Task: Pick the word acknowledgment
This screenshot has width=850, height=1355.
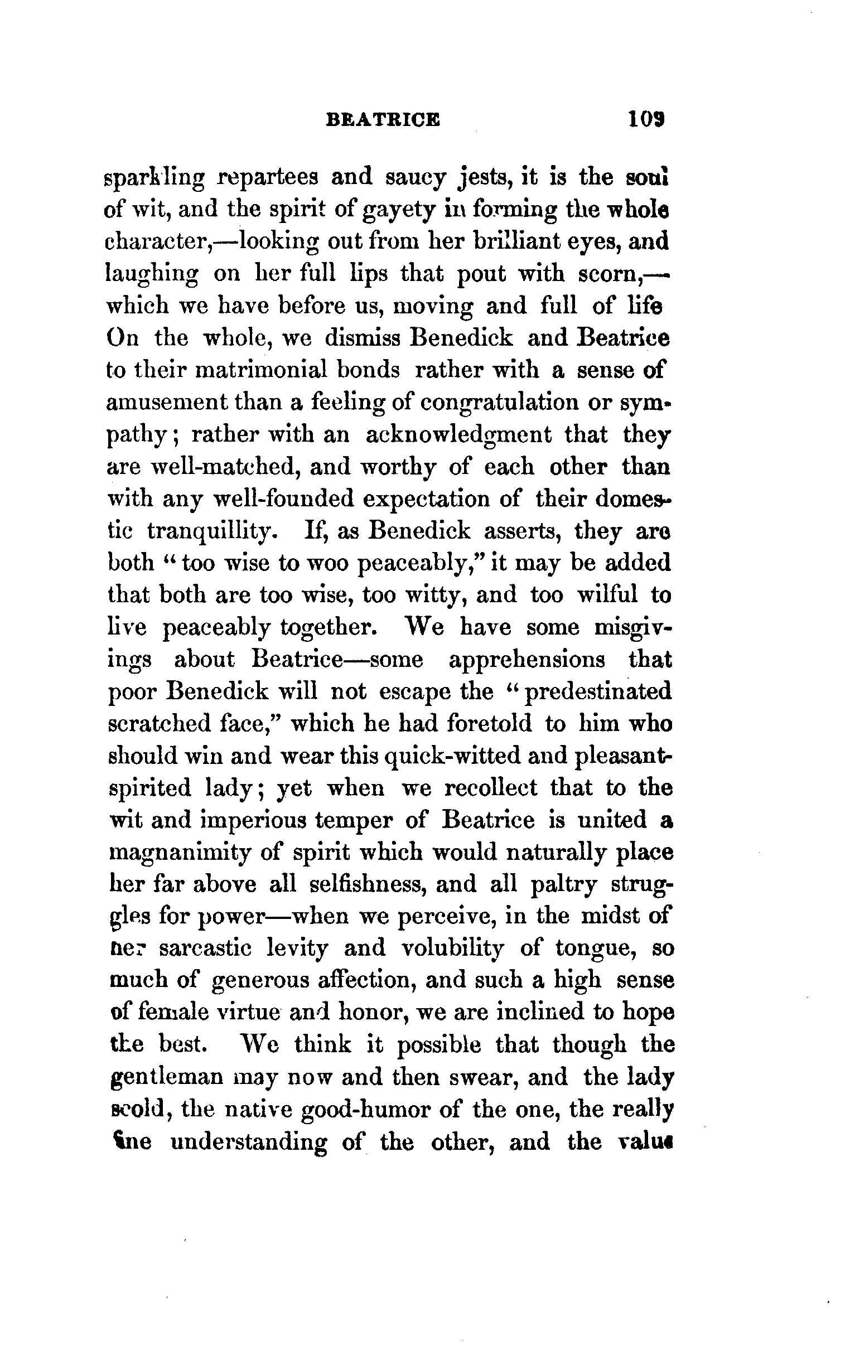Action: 458,435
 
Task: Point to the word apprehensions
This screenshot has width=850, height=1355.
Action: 527,659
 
